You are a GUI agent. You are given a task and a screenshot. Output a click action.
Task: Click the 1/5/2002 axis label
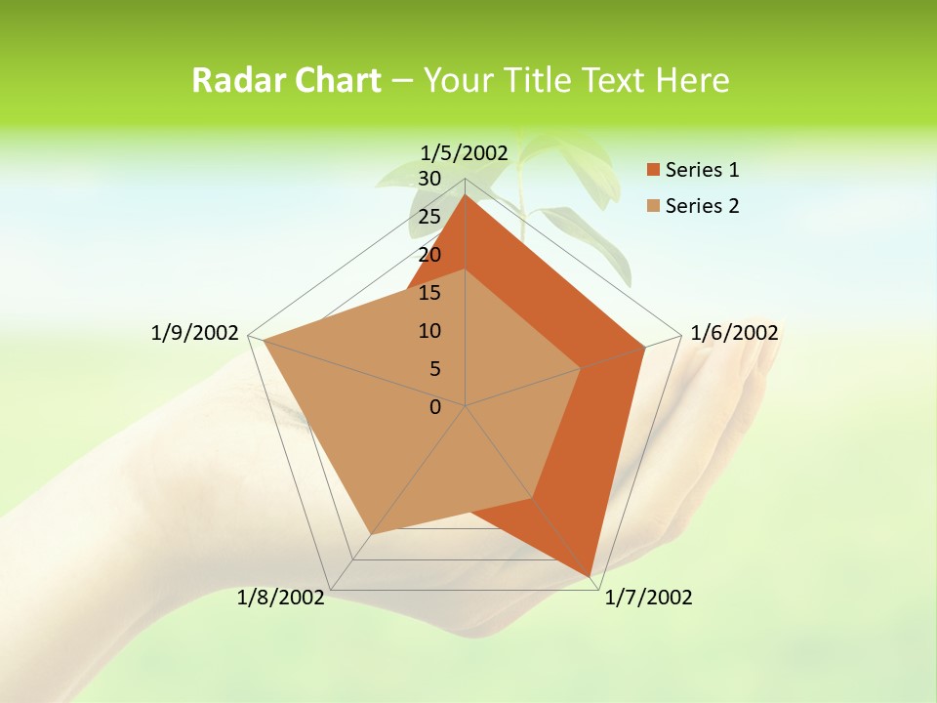(x=465, y=152)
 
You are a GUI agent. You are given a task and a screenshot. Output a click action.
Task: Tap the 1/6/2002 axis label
(x=734, y=333)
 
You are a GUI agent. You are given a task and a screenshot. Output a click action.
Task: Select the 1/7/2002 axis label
(x=648, y=598)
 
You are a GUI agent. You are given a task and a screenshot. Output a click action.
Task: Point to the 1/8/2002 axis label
(x=281, y=598)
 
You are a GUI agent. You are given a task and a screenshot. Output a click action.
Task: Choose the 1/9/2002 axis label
(x=195, y=333)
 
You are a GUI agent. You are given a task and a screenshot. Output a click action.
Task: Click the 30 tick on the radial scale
(x=429, y=179)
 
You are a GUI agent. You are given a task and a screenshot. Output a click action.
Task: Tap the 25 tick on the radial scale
(x=429, y=217)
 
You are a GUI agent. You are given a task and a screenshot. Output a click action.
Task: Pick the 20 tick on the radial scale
(x=429, y=255)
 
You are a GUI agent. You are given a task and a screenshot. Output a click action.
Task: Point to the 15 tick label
(x=429, y=293)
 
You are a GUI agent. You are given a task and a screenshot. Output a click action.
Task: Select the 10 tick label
(x=429, y=331)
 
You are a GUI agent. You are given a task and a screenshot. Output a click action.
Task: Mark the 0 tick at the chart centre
(x=435, y=407)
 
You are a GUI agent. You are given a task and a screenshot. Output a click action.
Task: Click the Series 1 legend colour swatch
(x=653, y=170)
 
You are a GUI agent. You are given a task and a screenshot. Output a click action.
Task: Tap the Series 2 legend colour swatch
(x=653, y=206)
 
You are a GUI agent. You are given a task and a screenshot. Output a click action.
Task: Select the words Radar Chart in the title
(x=286, y=80)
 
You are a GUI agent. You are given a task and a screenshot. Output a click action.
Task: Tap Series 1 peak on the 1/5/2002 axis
(x=466, y=194)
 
